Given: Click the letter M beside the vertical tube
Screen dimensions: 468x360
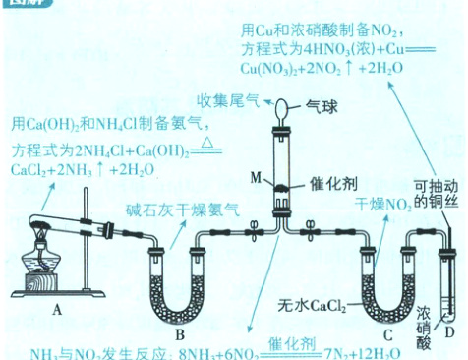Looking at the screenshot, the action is point(257,178).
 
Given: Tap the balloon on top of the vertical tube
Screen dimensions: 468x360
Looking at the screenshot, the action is point(283,106).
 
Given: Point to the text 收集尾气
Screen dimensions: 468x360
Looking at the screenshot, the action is point(230,103).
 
